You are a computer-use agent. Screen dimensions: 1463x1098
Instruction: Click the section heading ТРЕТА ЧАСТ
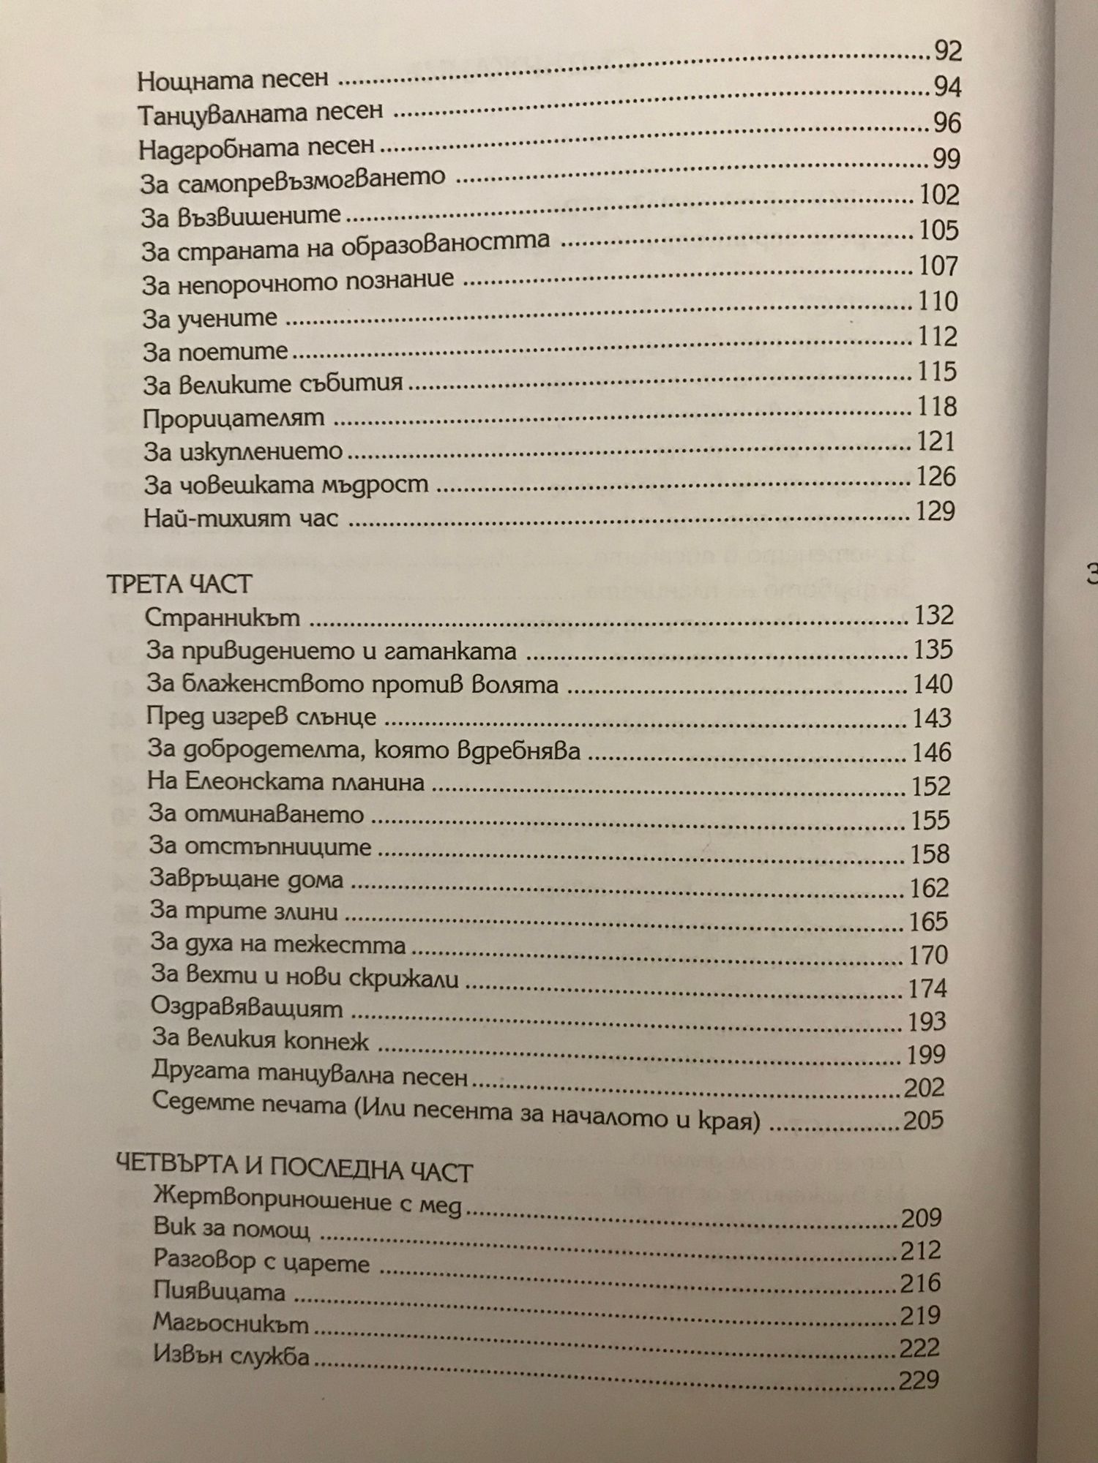coord(179,583)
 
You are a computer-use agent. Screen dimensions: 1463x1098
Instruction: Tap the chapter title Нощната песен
coord(233,80)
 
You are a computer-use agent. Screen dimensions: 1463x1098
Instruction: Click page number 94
coord(947,87)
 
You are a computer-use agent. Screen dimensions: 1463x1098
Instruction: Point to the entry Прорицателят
coord(234,418)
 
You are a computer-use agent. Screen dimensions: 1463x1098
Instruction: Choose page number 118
coord(937,406)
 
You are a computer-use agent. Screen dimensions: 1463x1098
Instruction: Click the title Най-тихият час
coord(241,519)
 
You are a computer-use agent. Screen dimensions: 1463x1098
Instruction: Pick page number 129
coord(935,511)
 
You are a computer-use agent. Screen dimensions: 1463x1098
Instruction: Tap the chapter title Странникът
coord(223,617)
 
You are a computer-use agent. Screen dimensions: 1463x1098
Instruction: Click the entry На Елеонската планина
coord(285,781)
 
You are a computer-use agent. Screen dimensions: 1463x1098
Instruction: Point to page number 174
coord(927,988)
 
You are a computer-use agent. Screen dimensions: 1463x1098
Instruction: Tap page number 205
coord(923,1120)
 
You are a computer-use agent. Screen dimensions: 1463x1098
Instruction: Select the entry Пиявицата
coord(220,1291)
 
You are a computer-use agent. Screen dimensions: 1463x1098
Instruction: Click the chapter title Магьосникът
coord(231,1323)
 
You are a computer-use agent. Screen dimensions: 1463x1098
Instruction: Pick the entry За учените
coord(210,318)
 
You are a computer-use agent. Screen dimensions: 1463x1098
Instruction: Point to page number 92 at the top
coord(948,51)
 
